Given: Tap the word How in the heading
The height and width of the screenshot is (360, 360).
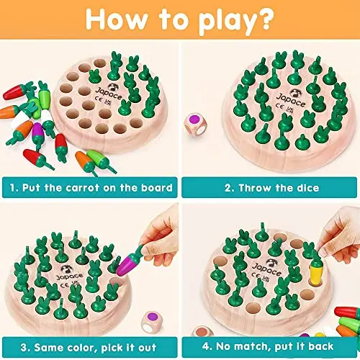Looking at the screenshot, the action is pos(117,19).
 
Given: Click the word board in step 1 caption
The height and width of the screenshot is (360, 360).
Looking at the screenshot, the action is pos(157,187).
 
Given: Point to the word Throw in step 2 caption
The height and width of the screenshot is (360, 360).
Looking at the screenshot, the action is pos(254,188).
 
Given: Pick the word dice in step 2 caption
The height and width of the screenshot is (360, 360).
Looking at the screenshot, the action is pos(308,188).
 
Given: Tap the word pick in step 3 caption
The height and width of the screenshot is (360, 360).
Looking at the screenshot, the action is pos(112,348).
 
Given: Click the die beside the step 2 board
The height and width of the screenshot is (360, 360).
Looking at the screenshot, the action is pos(195,124).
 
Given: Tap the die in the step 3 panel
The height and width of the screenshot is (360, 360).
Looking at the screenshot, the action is pos(152,322).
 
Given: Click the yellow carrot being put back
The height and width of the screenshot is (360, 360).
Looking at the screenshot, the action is pos(316,271).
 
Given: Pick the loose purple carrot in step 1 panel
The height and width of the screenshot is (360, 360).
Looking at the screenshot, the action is pos(38,133).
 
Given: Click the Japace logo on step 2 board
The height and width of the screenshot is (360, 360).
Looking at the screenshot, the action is pos(291,99).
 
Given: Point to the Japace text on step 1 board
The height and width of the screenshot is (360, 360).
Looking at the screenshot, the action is pos(109,94).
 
